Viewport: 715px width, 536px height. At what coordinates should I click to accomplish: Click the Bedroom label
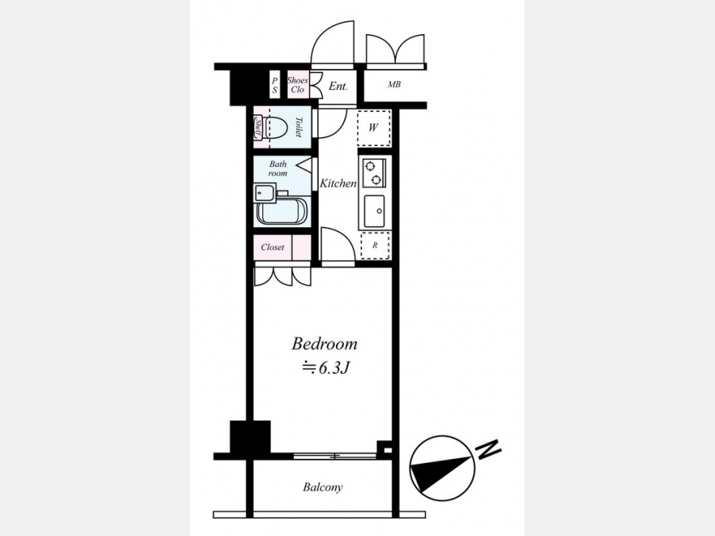point(324,344)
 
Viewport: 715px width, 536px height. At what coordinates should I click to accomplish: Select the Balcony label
point(323,488)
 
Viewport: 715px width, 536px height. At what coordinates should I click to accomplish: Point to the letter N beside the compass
point(489,449)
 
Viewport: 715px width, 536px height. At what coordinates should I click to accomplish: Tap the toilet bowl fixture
point(275,128)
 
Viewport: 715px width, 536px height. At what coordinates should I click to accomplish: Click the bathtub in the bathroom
point(281,210)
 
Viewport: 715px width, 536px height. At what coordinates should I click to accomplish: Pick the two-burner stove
point(374,173)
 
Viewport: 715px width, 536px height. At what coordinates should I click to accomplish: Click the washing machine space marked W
point(373,128)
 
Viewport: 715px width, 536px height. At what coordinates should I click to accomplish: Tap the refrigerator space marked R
point(375,245)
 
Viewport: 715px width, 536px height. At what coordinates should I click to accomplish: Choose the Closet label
point(272,247)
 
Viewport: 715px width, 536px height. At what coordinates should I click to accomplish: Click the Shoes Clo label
point(297,85)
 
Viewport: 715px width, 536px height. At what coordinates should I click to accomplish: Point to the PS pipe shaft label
point(275,85)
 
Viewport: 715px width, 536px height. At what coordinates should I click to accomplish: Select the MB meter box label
point(394,84)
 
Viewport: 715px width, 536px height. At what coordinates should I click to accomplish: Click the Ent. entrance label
point(338,86)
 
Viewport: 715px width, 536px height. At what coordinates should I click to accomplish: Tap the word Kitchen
point(338,183)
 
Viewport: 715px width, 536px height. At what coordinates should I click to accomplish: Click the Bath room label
point(278,168)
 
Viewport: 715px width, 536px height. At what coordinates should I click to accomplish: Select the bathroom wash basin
point(265,193)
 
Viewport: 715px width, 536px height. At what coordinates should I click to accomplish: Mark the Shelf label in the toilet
point(257,129)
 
